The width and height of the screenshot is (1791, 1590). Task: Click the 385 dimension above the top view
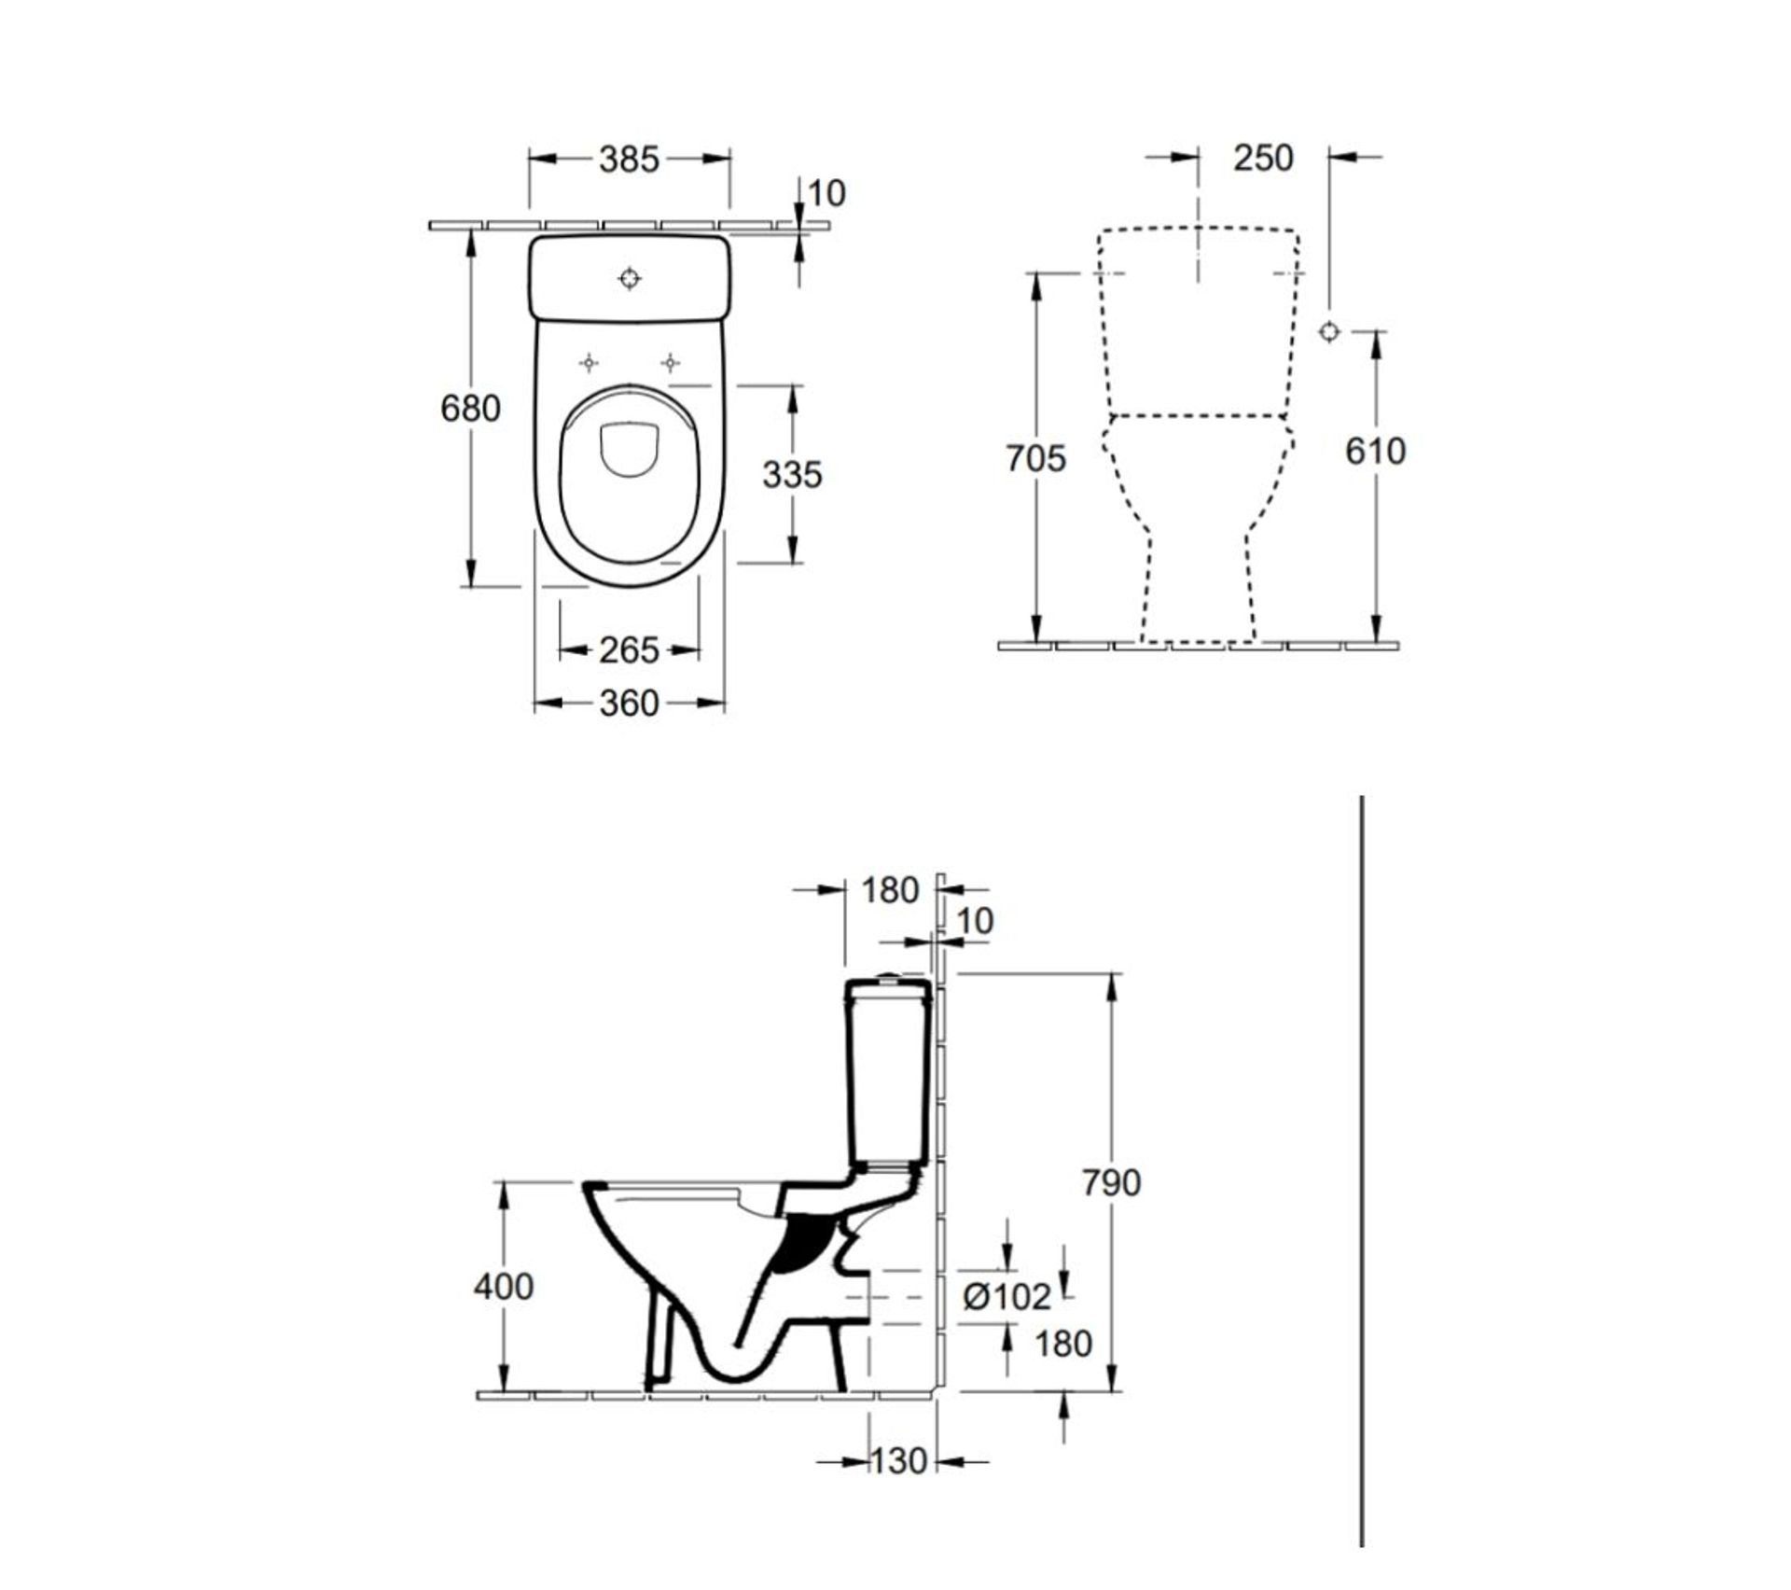point(629,160)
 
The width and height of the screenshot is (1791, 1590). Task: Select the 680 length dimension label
point(470,408)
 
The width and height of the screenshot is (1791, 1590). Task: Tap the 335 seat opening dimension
point(792,474)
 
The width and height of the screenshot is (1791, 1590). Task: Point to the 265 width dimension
point(629,649)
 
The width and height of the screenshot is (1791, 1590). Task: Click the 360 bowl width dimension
point(629,703)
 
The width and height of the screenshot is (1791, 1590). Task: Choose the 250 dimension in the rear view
point(1263,158)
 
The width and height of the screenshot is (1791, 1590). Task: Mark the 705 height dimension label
point(1035,458)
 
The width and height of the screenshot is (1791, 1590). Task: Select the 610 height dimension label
point(1375,451)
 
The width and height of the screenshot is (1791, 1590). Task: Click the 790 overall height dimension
point(1111,1182)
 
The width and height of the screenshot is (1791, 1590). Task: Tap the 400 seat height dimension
point(504,1286)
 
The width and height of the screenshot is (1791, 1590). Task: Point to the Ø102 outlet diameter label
point(1007,1296)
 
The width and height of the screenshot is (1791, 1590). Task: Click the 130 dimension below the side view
point(899,1486)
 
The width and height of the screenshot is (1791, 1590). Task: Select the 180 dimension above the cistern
point(889,890)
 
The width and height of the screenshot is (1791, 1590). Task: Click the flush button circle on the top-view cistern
point(631,278)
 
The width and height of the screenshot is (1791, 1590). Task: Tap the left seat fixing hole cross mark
point(590,362)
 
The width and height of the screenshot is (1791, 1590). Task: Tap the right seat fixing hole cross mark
point(671,362)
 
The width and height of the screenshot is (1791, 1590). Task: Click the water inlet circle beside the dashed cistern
point(1330,330)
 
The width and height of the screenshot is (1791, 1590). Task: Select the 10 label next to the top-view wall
point(826,193)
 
